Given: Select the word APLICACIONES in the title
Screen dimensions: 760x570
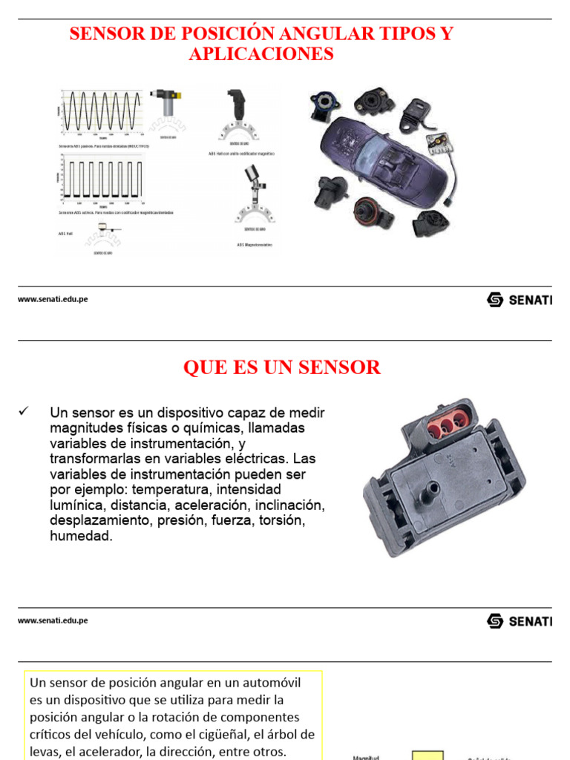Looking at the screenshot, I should coord(261,54).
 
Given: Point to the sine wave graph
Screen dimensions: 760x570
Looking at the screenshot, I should coord(99,111).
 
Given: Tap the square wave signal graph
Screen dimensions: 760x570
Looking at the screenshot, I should coord(99,179).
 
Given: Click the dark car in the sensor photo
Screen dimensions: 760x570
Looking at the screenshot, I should coord(379,160).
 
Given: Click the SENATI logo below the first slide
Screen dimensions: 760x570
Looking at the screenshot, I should coord(520,299).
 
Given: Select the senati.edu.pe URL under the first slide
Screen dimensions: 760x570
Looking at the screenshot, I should coord(53,299).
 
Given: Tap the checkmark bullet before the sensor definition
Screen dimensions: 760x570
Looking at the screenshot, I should coord(25,411).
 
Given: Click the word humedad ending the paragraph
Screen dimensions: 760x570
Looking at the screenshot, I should coord(81,536).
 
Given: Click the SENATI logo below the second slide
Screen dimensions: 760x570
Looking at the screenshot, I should coord(520,620).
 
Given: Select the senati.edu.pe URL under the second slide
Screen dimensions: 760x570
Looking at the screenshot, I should coord(53,620).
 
